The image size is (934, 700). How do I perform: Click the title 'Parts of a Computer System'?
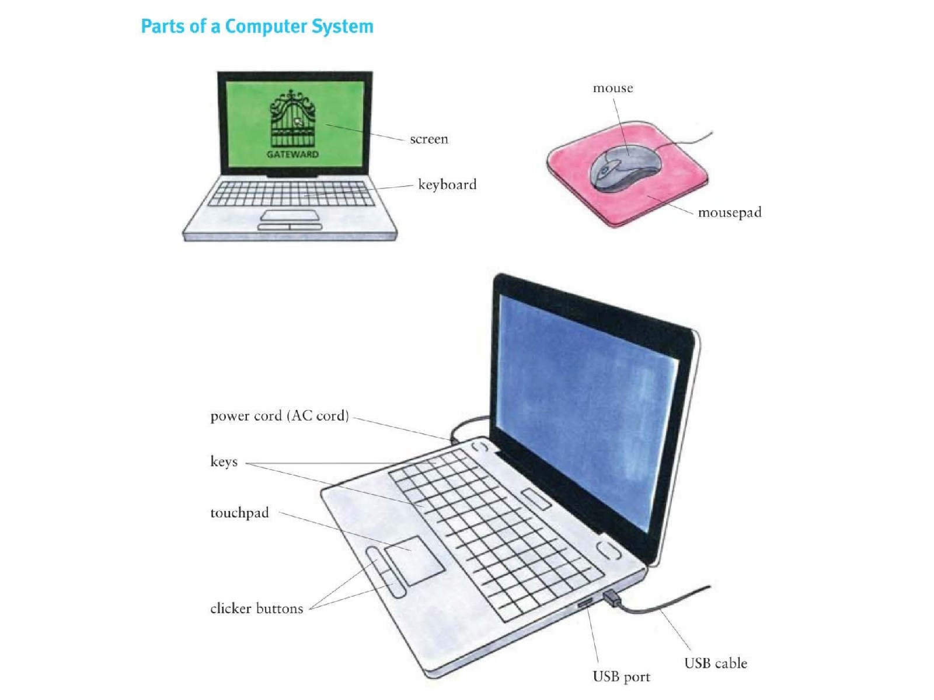[x=257, y=26]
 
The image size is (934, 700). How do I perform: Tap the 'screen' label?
[x=428, y=139]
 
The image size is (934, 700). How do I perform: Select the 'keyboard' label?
[x=447, y=184]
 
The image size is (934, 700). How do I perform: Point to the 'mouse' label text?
[x=613, y=88]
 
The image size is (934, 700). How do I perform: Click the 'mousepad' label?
[x=729, y=212]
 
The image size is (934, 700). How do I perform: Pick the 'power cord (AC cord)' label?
[x=280, y=415]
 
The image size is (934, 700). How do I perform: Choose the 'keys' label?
[x=224, y=461]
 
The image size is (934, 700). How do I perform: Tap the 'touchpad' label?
[x=239, y=513]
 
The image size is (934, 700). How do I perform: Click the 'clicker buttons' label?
[x=257, y=608]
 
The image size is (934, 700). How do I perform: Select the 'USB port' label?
[x=621, y=676]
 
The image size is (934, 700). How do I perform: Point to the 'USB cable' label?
[x=715, y=663]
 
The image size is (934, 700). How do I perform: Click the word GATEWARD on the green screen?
[x=292, y=154]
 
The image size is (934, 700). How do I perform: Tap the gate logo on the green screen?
[x=292, y=118]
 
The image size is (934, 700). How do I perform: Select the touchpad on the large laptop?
[x=414, y=561]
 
